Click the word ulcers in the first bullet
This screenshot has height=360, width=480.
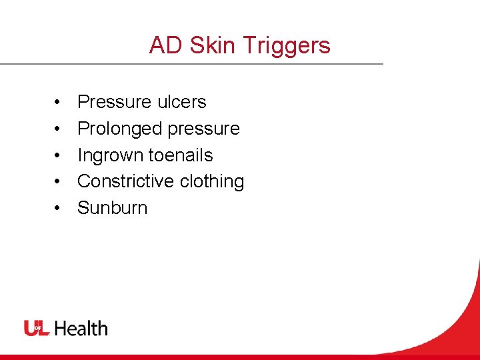181,102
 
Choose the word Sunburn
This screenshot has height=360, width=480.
112,208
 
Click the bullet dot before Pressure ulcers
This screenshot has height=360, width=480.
58,103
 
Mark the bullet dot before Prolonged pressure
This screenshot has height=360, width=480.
58,129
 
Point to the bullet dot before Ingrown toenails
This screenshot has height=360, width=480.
58,155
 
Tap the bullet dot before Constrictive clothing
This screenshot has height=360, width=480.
58,181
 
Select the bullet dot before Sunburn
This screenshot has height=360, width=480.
58,208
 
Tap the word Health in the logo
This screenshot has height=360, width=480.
81,328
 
